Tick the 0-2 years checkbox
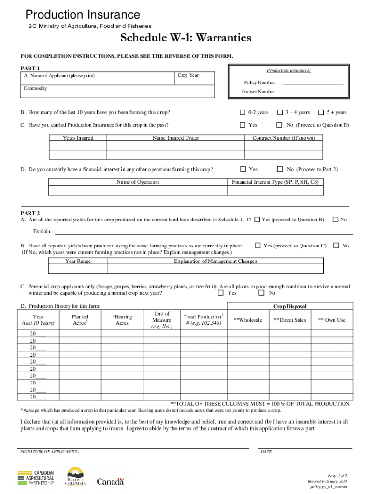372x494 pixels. pos(243,112)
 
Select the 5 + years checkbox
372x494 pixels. pos(321,112)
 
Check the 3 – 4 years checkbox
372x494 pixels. pos(280,112)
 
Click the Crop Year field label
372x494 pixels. pos(188,75)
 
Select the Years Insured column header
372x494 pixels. pos(78,138)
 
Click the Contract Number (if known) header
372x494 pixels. pos(284,138)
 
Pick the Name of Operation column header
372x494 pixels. pos(138,182)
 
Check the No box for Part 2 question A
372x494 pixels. pos(335,220)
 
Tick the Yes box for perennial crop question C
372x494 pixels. pos(221,293)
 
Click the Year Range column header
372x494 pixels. pos(78,261)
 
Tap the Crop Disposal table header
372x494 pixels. pos(290,306)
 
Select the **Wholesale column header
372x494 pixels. pos(248,320)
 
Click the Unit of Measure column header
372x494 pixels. pos(161,320)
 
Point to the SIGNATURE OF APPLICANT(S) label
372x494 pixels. pos(50,452)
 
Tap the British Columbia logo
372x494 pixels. pos(75,477)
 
